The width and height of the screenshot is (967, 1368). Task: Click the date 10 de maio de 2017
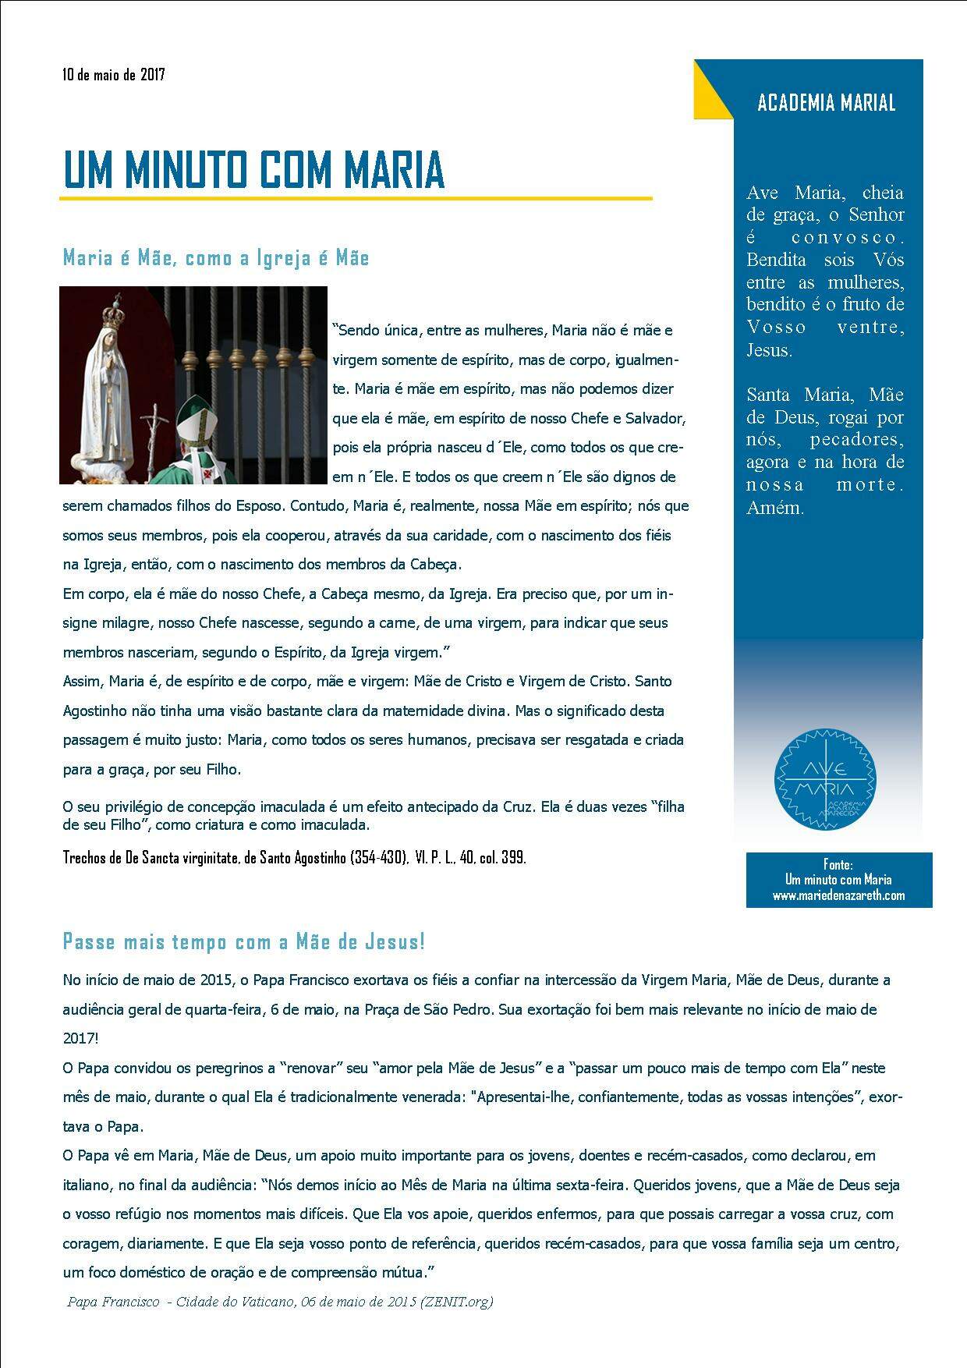point(114,75)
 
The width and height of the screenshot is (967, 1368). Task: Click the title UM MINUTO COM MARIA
point(253,168)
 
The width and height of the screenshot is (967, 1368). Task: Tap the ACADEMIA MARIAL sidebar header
point(826,103)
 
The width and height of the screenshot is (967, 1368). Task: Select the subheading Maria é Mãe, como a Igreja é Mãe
point(216,258)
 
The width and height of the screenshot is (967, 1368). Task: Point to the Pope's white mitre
point(195,420)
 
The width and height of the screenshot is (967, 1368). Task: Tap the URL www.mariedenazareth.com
point(838,895)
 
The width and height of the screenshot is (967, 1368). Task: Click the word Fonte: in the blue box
point(838,864)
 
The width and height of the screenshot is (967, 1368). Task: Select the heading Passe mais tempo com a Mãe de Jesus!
point(244,941)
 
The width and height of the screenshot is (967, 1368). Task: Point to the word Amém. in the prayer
point(775,508)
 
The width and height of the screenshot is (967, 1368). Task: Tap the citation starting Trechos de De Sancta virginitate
point(294,858)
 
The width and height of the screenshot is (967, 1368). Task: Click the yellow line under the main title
point(356,199)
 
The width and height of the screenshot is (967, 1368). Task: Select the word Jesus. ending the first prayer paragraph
point(769,350)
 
